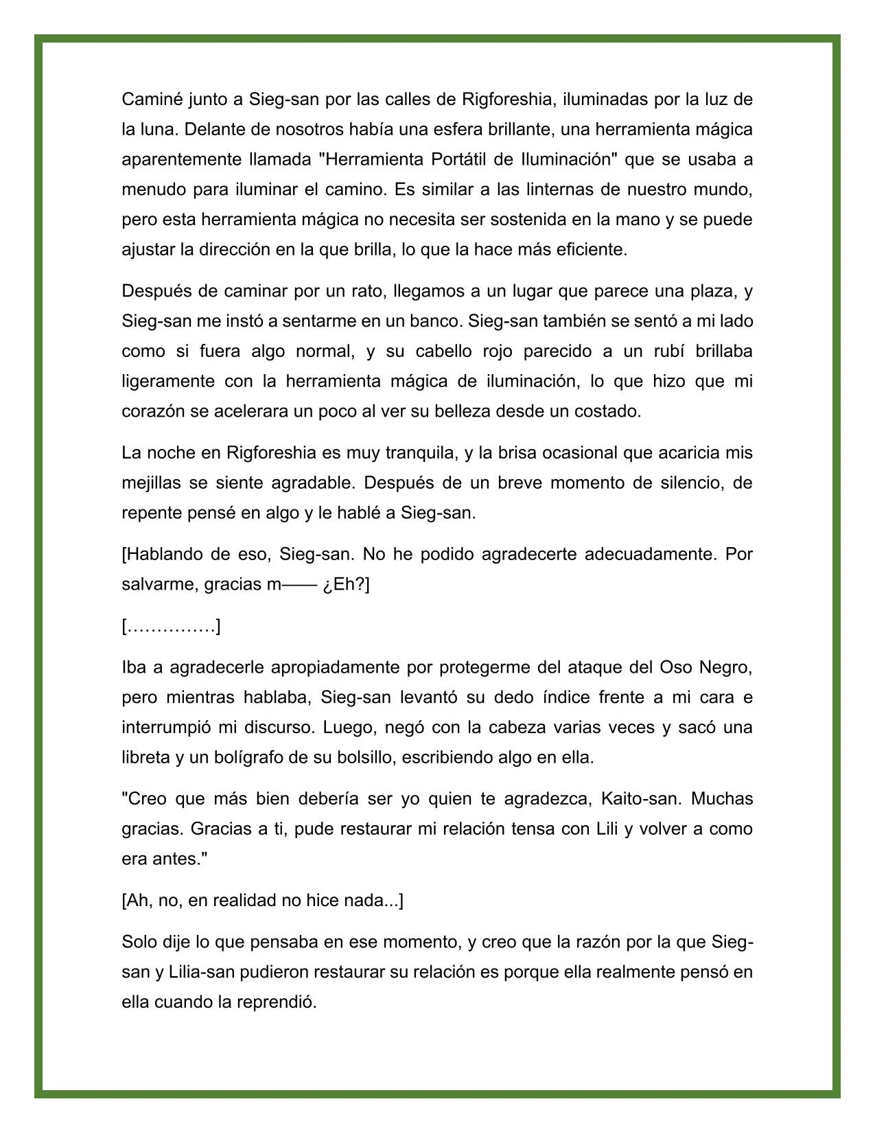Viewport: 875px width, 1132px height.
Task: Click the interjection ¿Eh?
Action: pos(345,585)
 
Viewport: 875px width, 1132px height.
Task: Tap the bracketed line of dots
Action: pos(171,627)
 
